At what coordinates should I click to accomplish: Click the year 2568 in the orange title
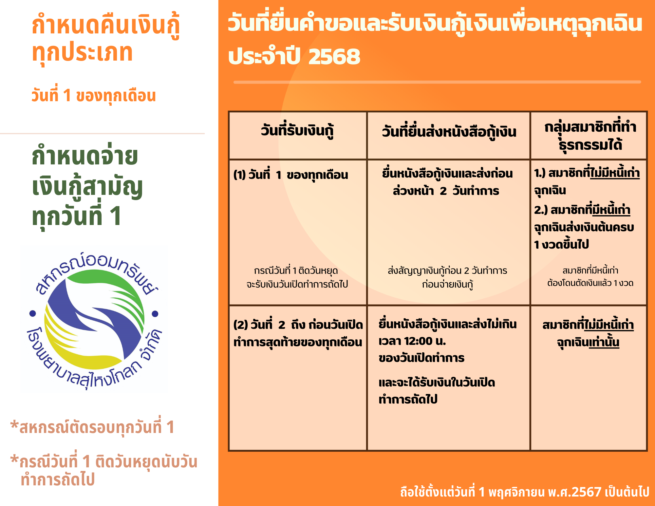(334, 56)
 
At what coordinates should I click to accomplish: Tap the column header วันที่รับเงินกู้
(297, 131)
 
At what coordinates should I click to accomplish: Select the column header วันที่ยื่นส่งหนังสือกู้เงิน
(449, 132)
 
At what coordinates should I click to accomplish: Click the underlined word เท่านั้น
(604, 342)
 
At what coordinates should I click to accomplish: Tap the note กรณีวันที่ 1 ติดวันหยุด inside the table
(296, 271)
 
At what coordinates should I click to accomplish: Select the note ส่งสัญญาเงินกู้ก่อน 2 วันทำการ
(447, 271)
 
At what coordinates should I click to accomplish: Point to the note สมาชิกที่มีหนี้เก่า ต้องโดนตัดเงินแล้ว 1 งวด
(590, 277)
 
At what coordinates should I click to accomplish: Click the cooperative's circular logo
(94, 320)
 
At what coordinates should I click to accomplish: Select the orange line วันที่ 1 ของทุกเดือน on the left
(94, 96)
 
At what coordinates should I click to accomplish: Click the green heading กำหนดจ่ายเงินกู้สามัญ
(87, 172)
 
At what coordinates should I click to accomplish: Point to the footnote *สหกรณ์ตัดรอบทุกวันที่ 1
(92, 427)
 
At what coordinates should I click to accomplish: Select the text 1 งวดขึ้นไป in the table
(561, 244)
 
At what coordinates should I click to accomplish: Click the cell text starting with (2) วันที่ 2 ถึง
(298, 333)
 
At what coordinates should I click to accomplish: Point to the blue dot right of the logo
(155, 314)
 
